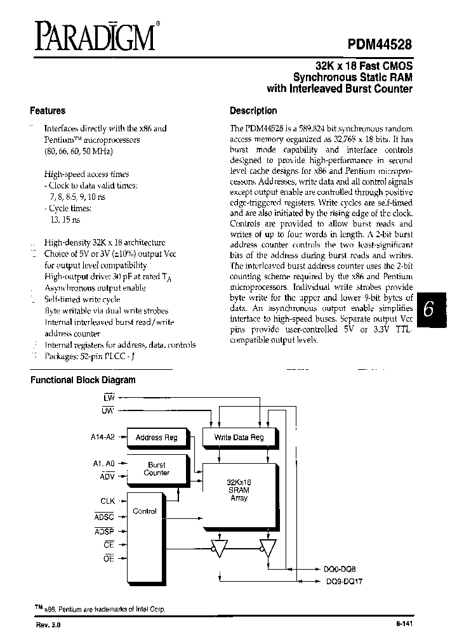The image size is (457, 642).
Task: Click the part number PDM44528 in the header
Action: pyautogui.click(x=380, y=44)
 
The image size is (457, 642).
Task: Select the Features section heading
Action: pyautogui.click(x=48, y=110)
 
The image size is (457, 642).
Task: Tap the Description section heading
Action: pyautogui.click(x=253, y=110)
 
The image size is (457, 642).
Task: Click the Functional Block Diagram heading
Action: pyautogui.click(x=84, y=380)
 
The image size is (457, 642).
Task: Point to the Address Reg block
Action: pyautogui.click(x=157, y=437)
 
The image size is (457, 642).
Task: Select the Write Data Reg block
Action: pyautogui.click(x=239, y=437)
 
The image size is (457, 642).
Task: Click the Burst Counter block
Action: pyautogui.click(x=157, y=469)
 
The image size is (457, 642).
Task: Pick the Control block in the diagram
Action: pyautogui.click(x=144, y=511)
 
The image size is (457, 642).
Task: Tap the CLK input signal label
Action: pyautogui.click(x=107, y=501)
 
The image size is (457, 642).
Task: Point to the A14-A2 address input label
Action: pyautogui.click(x=102, y=437)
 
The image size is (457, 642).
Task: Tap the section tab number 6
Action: pyautogui.click(x=429, y=310)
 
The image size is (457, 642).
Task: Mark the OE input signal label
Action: pyautogui.click(x=108, y=558)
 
